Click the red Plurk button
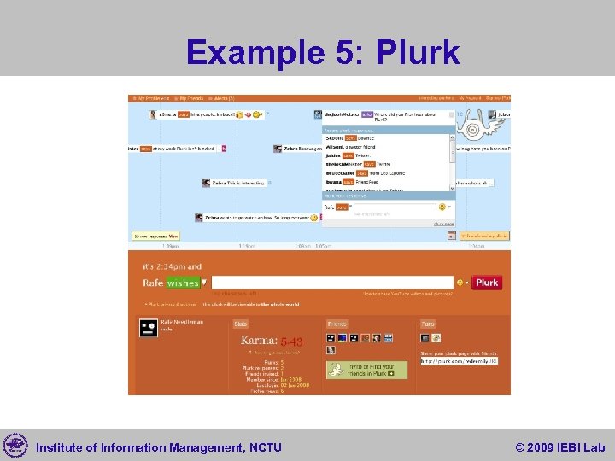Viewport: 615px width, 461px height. [x=487, y=283]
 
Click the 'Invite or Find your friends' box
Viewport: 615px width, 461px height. [x=360, y=371]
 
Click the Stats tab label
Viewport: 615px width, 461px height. [x=241, y=324]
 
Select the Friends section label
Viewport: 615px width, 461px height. [x=337, y=324]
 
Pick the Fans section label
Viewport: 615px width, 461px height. [x=428, y=324]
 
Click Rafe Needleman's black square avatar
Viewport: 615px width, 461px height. [x=149, y=328]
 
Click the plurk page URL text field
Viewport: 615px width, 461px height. [x=459, y=361]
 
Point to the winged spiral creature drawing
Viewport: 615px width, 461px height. [x=471, y=129]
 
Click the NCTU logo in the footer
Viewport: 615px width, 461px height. [x=15, y=445]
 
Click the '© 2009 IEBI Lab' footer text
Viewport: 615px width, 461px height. [x=559, y=446]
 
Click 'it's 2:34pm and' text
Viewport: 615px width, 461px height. [x=173, y=266]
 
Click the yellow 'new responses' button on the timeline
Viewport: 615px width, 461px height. [x=155, y=236]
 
